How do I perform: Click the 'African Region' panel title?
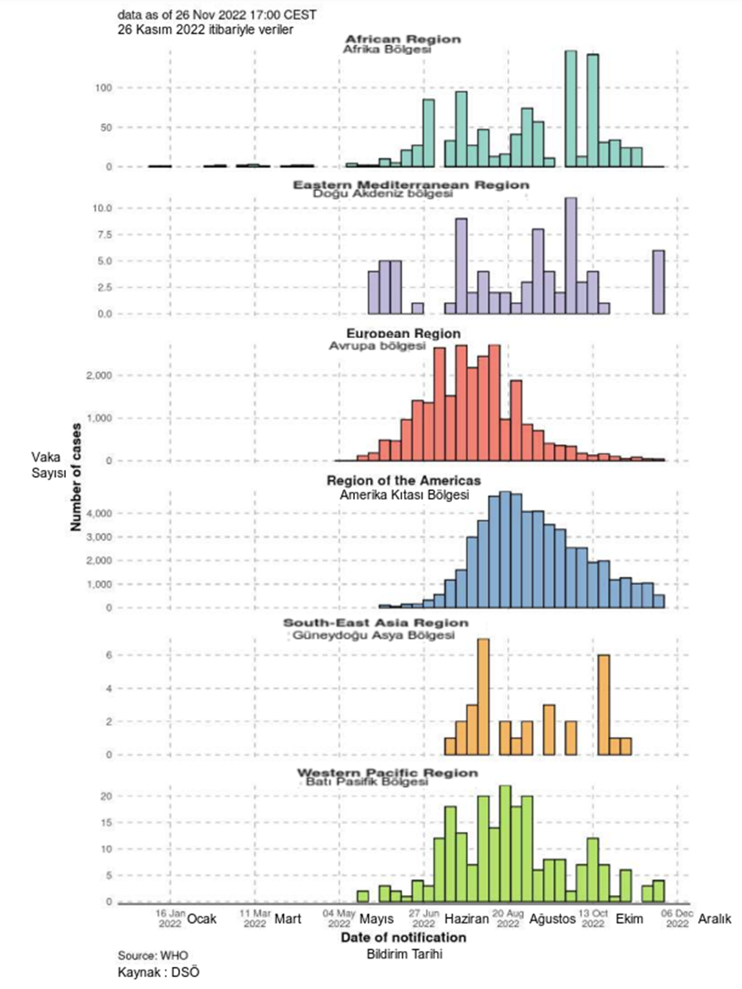click(x=403, y=39)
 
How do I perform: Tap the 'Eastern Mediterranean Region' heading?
click(x=411, y=184)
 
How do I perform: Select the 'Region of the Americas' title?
click(x=404, y=481)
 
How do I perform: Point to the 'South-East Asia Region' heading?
click(x=375, y=623)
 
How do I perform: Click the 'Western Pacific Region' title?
click(x=386, y=773)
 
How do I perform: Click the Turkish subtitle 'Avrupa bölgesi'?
click(x=376, y=347)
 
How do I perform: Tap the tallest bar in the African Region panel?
click(x=571, y=108)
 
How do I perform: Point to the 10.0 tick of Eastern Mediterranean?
click(x=100, y=208)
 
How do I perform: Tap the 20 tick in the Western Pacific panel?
click(x=106, y=796)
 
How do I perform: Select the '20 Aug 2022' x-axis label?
click(x=508, y=919)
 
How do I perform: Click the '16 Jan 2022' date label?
click(x=170, y=919)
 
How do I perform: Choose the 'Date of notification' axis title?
click(x=403, y=937)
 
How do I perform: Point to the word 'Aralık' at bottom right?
click(x=715, y=919)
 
